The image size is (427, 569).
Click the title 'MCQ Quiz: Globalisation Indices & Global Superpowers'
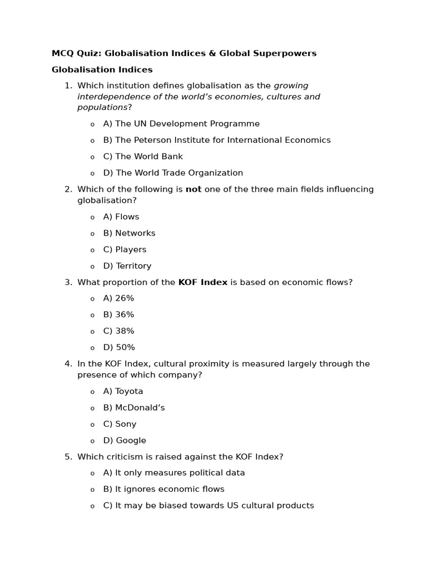coord(184,53)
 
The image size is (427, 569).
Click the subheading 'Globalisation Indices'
coord(102,70)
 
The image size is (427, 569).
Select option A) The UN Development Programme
coord(181,124)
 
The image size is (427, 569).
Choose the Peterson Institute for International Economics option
coord(217,140)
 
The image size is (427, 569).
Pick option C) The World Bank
coord(143,157)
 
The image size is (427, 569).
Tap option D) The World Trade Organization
coord(173,173)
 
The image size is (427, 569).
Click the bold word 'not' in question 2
coord(193,189)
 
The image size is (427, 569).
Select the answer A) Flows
coord(121,217)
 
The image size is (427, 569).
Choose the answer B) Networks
coord(129,233)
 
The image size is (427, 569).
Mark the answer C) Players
coord(125,249)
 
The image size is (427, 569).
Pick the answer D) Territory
coord(127,266)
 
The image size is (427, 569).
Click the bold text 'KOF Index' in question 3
coord(203,282)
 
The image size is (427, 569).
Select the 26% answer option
coord(118,298)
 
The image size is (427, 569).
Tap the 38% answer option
coord(118,331)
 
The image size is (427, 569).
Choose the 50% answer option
coord(119,347)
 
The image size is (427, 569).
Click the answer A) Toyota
coord(123,391)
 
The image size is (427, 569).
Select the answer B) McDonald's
coord(134,408)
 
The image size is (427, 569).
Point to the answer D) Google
coord(125,441)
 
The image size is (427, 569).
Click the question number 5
coord(68,457)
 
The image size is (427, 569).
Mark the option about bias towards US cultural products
coord(208,506)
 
